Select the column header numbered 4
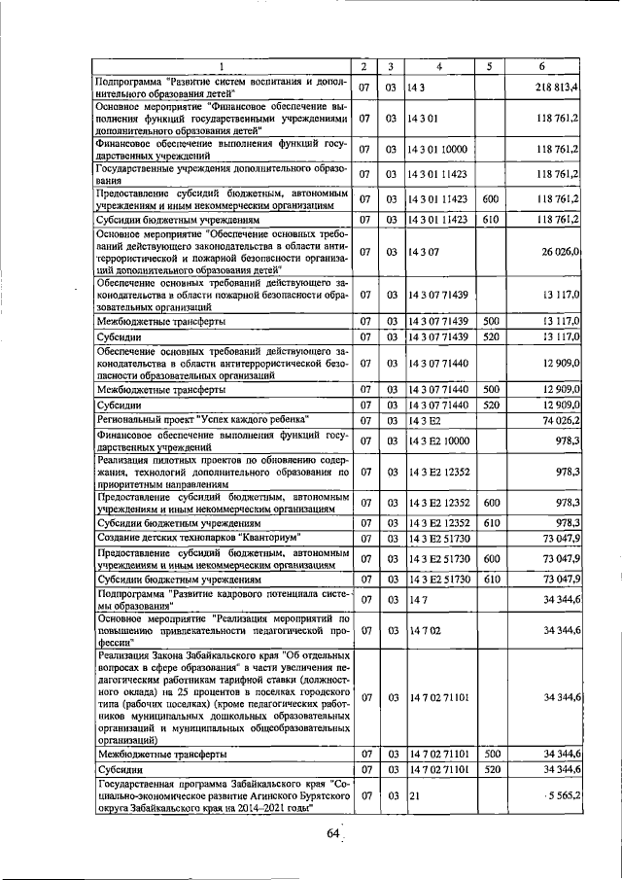(x=439, y=66)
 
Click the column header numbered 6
(x=541, y=66)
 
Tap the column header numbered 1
(x=221, y=66)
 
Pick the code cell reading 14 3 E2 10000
(x=439, y=441)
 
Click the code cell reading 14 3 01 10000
(x=438, y=149)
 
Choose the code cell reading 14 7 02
(x=425, y=631)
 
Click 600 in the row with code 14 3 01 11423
(x=491, y=198)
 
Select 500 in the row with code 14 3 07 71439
(x=491, y=321)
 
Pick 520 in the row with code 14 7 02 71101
(x=491, y=770)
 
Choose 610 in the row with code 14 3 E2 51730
(x=491, y=580)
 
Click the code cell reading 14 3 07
(x=425, y=252)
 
